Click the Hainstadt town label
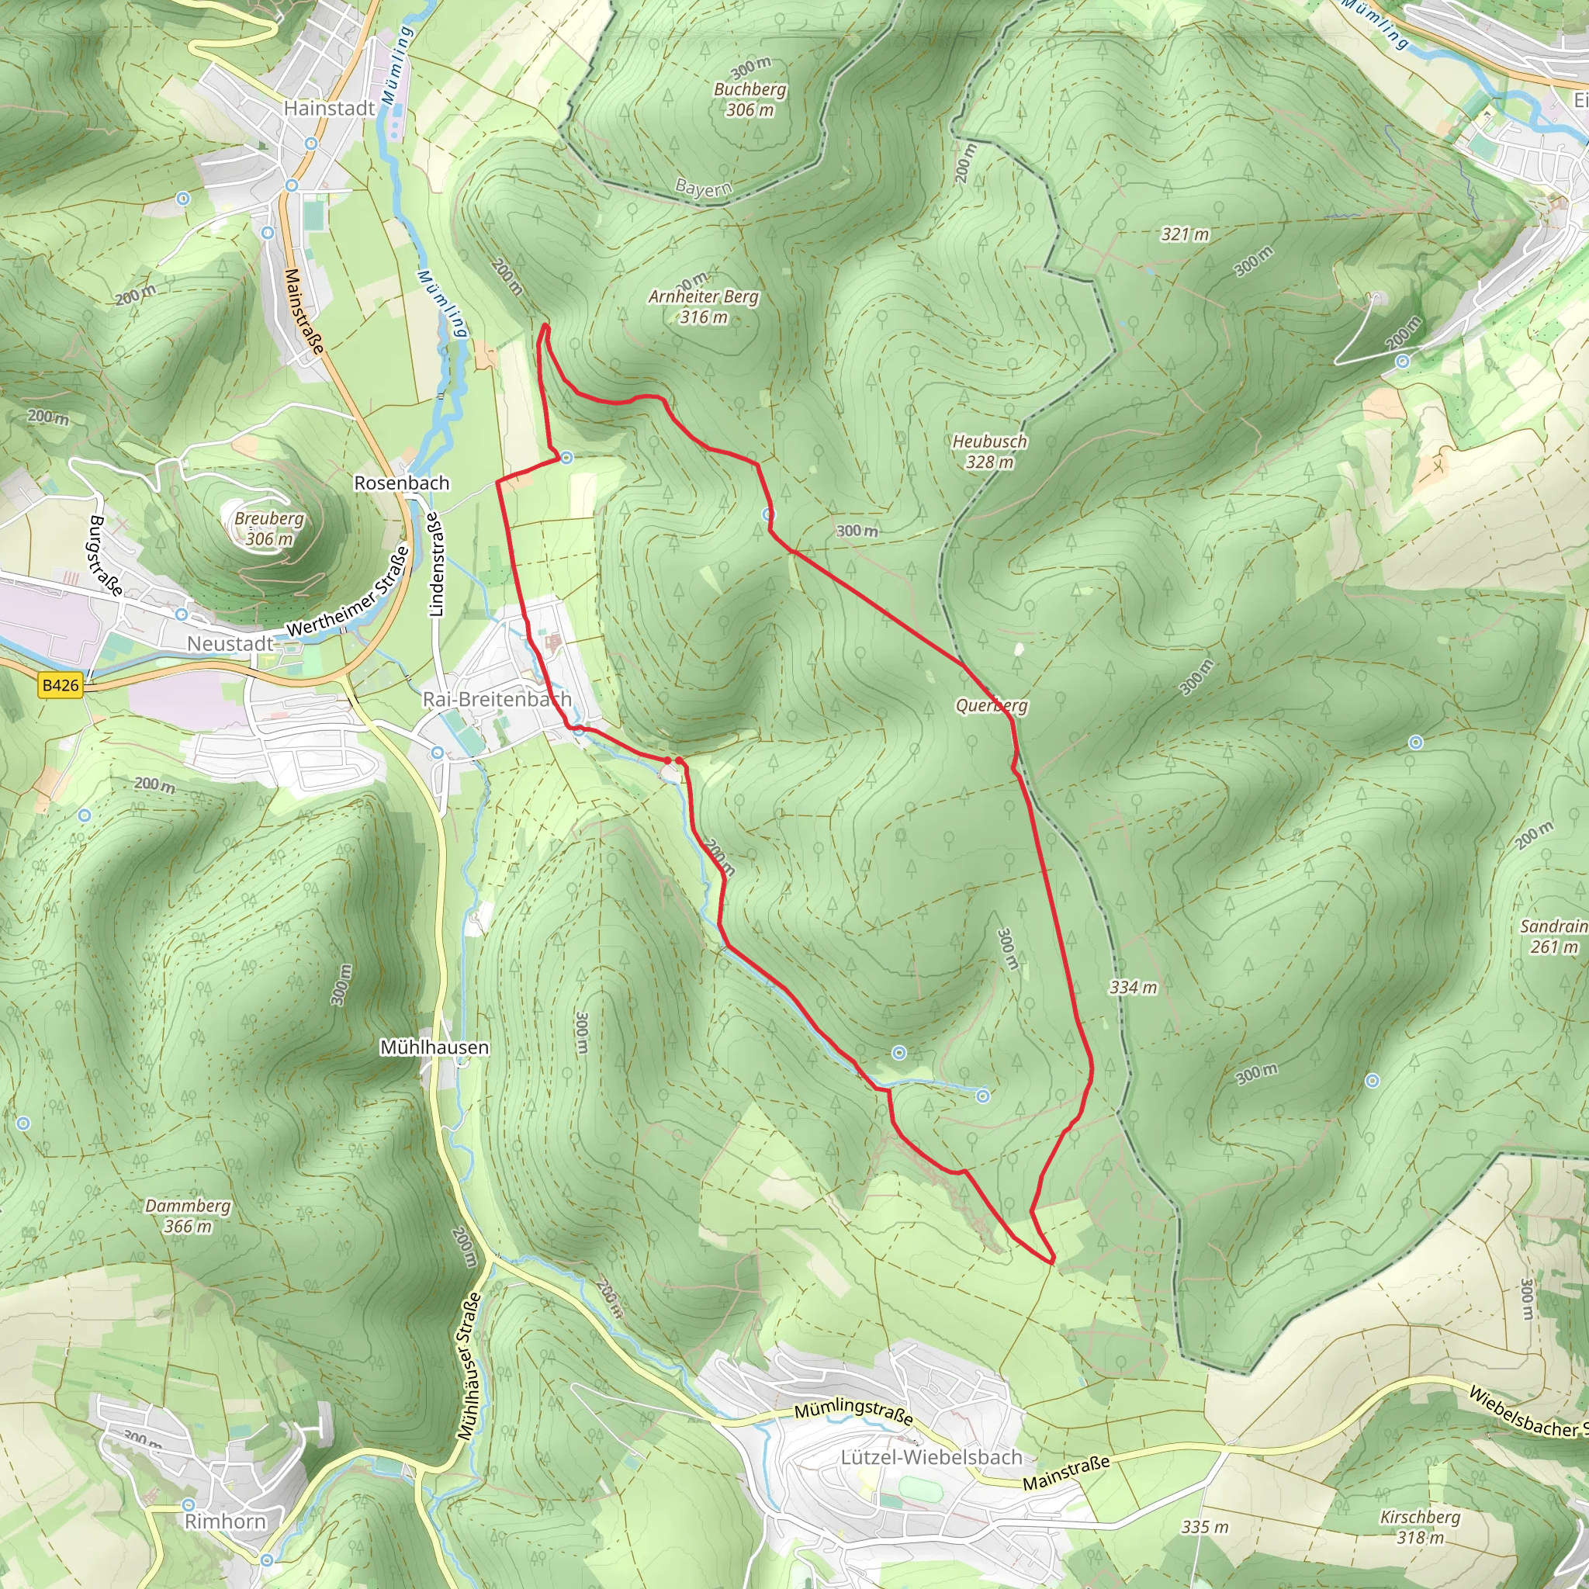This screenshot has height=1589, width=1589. [329, 108]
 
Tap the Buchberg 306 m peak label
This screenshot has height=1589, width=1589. [749, 99]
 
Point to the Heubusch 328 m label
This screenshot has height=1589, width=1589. [989, 451]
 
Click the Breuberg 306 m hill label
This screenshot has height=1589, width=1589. [269, 528]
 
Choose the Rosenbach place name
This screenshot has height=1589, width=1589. [401, 483]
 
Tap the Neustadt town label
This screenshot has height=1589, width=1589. [230, 643]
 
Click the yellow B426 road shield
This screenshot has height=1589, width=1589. [61, 684]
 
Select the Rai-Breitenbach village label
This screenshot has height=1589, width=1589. [497, 699]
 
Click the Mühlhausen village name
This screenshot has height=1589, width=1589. [434, 1047]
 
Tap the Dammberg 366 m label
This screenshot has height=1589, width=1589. [188, 1216]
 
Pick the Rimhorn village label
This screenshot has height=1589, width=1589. [225, 1521]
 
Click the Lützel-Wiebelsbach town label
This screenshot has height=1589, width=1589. [931, 1456]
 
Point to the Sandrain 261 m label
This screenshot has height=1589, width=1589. [1553, 936]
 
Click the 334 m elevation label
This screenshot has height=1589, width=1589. [1133, 987]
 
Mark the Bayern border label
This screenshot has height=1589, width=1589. [703, 189]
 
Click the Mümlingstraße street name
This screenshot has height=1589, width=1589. [853, 1413]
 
